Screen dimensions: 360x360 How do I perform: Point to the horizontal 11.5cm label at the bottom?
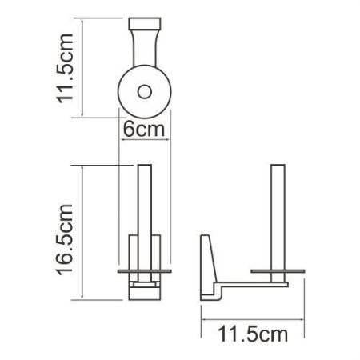[238, 330]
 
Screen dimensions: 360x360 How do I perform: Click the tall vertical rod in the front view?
[145, 200]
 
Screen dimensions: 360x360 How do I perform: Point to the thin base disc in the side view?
[276, 271]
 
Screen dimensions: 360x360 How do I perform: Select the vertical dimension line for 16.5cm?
[84, 232]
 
